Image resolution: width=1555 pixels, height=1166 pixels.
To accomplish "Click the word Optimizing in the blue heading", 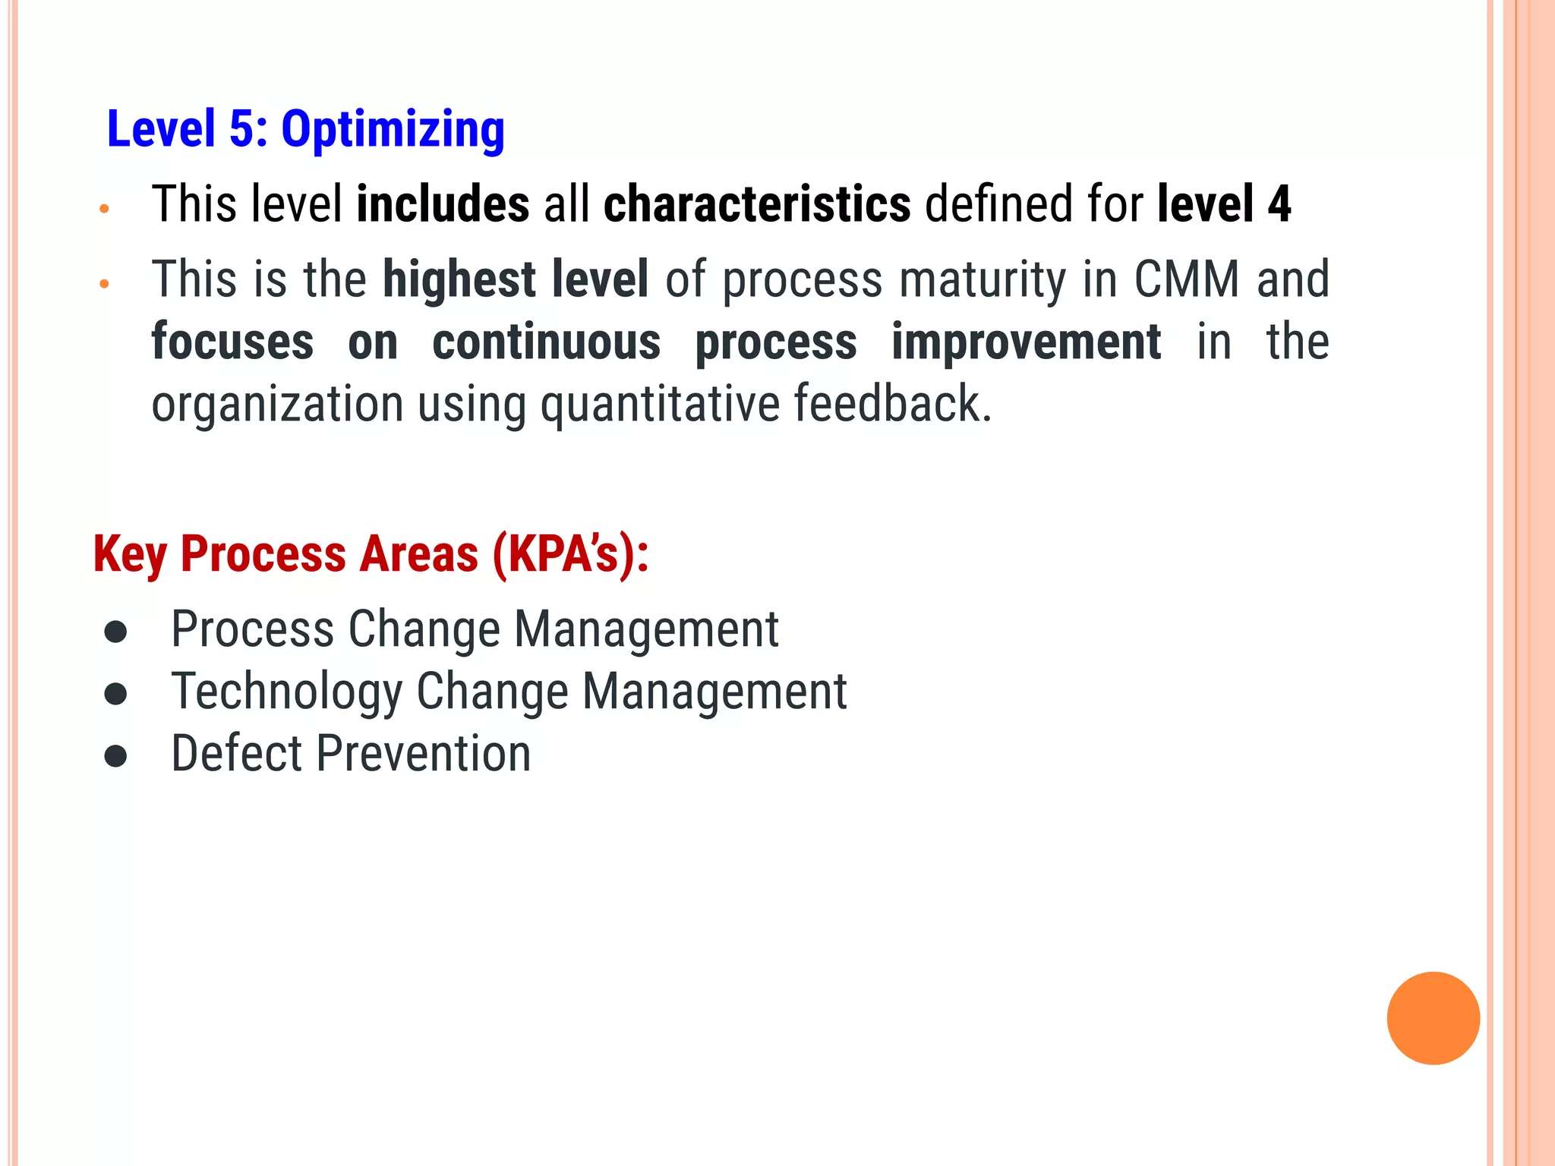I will (393, 130).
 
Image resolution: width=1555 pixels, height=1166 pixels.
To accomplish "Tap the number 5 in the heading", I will (241, 128).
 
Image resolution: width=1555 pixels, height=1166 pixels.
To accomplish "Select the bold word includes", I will (443, 204).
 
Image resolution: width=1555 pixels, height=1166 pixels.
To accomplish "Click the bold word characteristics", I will (757, 204).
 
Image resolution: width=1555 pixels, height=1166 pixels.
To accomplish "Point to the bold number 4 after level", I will (1279, 204).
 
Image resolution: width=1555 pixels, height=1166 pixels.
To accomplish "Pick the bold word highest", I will (459, 279).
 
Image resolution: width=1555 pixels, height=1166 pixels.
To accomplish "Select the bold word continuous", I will (546, 342).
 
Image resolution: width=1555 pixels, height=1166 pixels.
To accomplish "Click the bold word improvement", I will (1026, 342).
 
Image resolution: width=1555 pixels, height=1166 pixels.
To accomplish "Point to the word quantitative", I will (660, 404).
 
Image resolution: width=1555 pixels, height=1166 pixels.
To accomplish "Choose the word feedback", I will (892, 403).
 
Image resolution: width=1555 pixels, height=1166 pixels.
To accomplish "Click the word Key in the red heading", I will (130, 555).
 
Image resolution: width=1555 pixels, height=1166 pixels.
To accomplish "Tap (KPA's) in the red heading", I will (569, 555).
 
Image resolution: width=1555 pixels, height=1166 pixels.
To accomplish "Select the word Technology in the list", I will (286, 692).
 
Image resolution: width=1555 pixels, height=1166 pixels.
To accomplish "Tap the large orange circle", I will (1433, 1018).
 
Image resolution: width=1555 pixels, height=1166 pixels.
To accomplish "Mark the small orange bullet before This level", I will (105, 208).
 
